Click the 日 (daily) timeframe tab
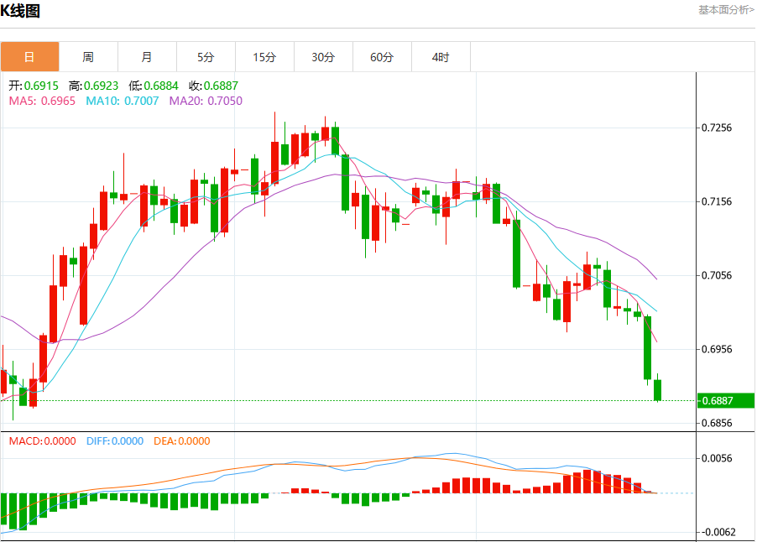(x=29, y=57)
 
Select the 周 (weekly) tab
(x=88, y=57)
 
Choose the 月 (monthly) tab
(x=147, y=57)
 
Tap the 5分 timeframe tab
(x=206, y=57)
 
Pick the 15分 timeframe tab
(x=264, y=57)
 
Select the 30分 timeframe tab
(x=323, y=57)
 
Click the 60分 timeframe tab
(x=383, y=57)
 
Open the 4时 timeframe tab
(x=441, y=57)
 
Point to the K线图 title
(x=20, y=11)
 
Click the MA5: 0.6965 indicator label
(x=43, y=101)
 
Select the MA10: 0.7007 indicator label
(x=123, y=101)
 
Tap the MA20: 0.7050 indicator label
(x=206, y=101)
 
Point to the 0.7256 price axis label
(x=717, y=128)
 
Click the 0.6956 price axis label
(x=717, y=349)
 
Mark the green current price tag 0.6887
(x=726, y=400)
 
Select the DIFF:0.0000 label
(x=115, y=441)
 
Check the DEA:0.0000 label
(x=182, y=441)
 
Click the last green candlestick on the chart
(x=657, y=390)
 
